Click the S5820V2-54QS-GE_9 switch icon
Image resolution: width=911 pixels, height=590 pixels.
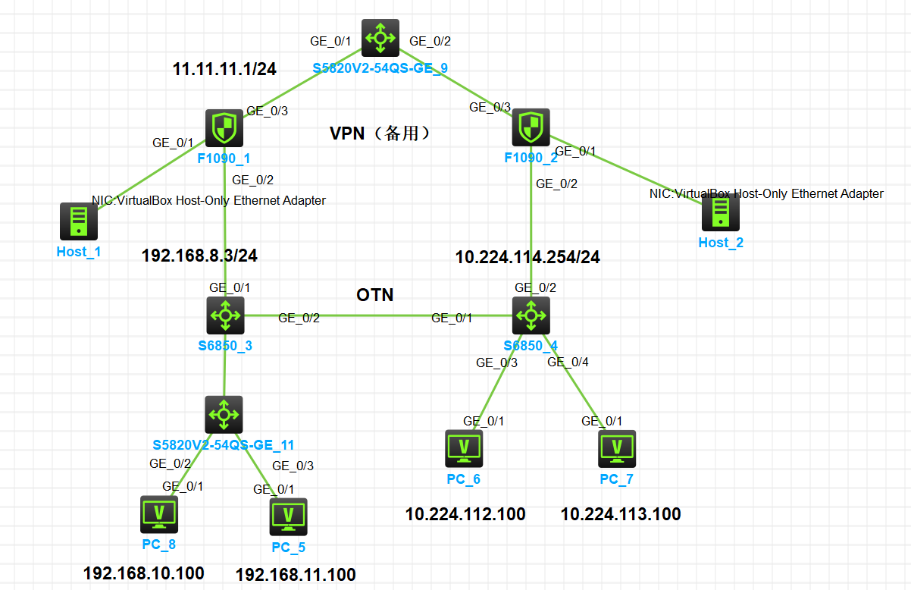coord(380,38)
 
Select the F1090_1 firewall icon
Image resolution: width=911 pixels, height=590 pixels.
coord(224,127)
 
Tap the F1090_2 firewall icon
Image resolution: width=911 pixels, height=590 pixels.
coord(531,127)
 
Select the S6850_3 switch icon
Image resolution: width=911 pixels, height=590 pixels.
coord(225,315)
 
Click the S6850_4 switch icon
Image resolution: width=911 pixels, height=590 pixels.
coord(531,315)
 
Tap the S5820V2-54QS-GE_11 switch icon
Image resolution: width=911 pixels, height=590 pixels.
coord(224,414)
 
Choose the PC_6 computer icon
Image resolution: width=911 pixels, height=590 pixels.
coord(464,448)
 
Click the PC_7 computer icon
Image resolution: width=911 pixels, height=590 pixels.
coord(617,448)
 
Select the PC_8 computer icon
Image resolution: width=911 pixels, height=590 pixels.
coord(159,514)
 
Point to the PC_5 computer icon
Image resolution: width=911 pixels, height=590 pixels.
coord(288,516)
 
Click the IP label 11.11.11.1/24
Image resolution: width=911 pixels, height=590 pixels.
coord(224,69)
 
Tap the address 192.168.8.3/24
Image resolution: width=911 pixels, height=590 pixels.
coord(199,256)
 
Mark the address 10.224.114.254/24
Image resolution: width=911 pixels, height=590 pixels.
coord(528,257)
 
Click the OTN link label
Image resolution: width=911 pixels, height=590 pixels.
coord(375,294)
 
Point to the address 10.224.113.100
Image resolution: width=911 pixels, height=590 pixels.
coord(621,514)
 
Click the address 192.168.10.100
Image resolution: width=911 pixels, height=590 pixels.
coord(143,573)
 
